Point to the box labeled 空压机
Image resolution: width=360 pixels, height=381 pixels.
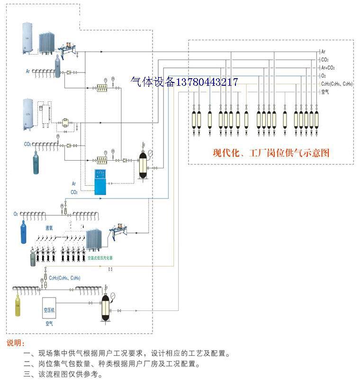pyautogui.click(x=51, y=308)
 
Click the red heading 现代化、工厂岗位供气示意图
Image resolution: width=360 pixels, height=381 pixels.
pyautogui.click(x=271, y=153)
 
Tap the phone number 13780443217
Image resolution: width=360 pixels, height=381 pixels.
pyautogui.click(x=207, y=82)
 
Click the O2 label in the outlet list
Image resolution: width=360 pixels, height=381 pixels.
pyautogui.click(x=324, y=76)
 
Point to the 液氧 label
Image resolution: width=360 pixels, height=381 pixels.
pyautogui.click(x=49, y=227)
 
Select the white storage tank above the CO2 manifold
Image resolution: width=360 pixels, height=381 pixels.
pyautogui.click(x=28, y=114)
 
